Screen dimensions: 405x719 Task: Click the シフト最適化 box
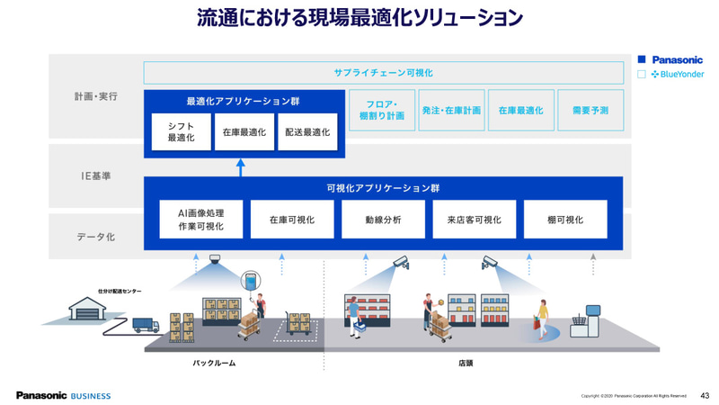coord(181,131)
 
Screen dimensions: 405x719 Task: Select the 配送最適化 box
coord(307,131)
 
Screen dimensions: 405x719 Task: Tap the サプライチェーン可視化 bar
coord(383,73)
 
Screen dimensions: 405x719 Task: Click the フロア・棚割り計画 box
coord(381,110)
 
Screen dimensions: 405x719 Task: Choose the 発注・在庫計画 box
coord(451,110)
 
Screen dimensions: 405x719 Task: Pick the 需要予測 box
coord(590,110)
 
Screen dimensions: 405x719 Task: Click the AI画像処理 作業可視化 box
coord(195,220)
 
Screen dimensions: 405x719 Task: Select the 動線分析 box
coord(383,220)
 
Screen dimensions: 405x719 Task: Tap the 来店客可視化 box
coord(474,220)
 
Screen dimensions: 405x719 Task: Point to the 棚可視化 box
coord(565,220)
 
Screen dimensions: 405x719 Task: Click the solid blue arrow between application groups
coord(240,167)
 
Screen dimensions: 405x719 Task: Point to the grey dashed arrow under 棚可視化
coord(592,264)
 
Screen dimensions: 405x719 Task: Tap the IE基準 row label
coord(95,175)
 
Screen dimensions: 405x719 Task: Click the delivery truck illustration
coord(146,324)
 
